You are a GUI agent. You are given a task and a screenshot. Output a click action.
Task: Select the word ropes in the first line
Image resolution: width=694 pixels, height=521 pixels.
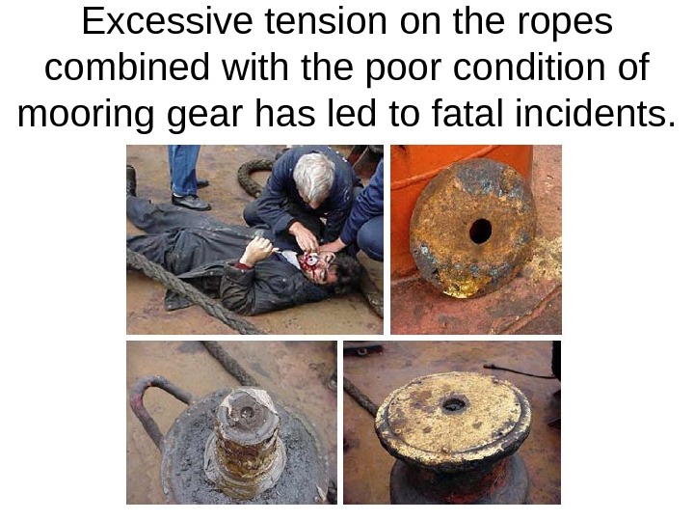coord(564,23)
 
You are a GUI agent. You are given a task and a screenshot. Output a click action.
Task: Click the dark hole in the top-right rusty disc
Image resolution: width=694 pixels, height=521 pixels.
coord(479,231)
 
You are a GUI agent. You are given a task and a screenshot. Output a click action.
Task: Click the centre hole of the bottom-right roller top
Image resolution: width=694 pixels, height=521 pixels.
coord(454,403)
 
